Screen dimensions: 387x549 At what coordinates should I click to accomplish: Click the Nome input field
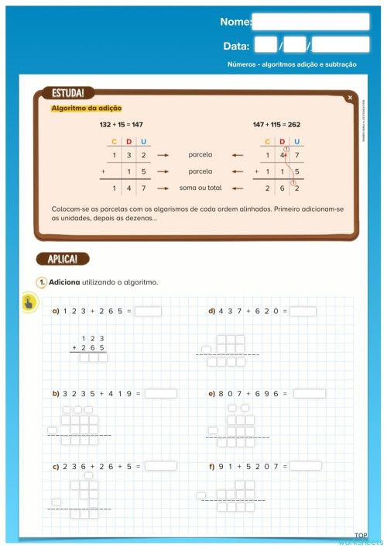point(311,22)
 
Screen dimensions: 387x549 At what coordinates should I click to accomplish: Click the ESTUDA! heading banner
point(67,93)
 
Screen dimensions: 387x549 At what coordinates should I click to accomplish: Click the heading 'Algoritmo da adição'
point(86,109)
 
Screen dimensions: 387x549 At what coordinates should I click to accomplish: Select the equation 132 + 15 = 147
point(122,124)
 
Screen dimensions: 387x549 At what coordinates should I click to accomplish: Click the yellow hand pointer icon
point(29,302)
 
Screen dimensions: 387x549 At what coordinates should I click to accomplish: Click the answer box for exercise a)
point(149,312)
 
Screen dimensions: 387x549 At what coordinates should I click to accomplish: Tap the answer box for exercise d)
point(303,312)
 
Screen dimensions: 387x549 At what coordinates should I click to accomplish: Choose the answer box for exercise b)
point(160,393)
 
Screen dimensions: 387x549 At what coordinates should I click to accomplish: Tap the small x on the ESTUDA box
point(350,98)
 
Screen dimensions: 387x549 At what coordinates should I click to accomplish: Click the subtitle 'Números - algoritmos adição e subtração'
point(293,64)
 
